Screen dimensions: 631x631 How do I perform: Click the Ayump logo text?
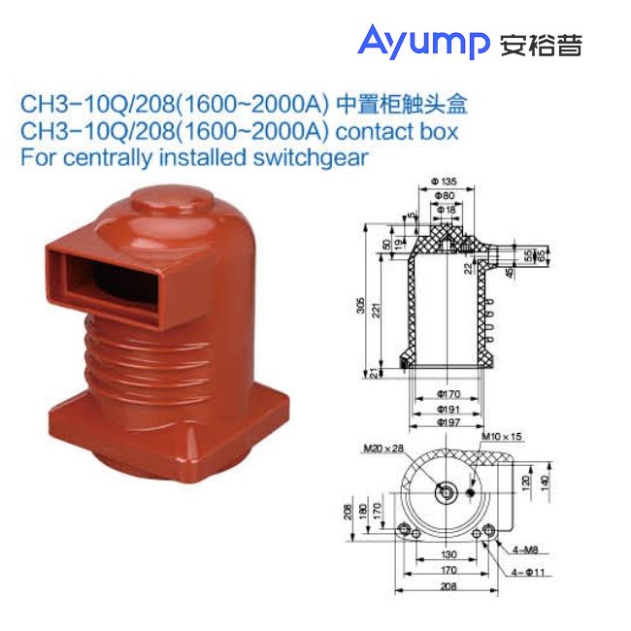423,42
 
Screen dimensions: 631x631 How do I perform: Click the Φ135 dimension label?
442,183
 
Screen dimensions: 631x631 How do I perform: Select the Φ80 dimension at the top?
442,195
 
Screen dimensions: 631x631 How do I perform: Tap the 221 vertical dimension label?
377,310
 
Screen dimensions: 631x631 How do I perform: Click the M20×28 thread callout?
380,448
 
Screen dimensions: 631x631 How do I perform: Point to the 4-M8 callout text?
523,551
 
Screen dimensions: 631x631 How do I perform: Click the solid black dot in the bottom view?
471,494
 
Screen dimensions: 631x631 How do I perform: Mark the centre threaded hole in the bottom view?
446,492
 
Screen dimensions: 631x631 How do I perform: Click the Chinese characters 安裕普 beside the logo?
540,44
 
